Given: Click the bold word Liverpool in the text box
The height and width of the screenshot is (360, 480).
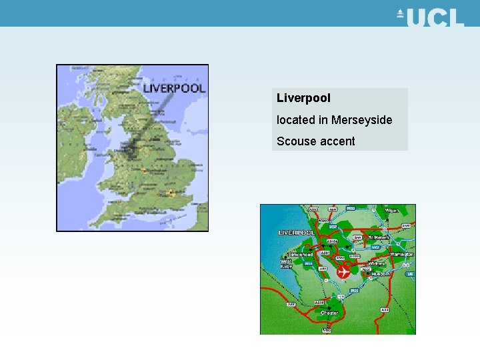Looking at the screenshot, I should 303,98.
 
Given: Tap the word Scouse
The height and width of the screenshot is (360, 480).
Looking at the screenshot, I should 297,141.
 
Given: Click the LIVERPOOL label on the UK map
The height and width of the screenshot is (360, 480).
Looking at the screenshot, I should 174,88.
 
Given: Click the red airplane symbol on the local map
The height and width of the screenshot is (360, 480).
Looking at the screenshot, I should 343,271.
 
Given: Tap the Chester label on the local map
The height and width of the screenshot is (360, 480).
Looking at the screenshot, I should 329,313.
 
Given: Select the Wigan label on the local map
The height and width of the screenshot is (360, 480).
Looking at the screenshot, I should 392,211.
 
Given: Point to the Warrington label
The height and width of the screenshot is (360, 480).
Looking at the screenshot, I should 401,254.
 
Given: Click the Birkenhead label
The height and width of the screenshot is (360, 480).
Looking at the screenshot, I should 300,254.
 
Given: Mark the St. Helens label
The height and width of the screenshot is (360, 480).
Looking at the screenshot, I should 380,237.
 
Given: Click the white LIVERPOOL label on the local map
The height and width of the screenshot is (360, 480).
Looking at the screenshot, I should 297,233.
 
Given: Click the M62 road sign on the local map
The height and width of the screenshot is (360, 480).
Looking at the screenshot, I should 375,247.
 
